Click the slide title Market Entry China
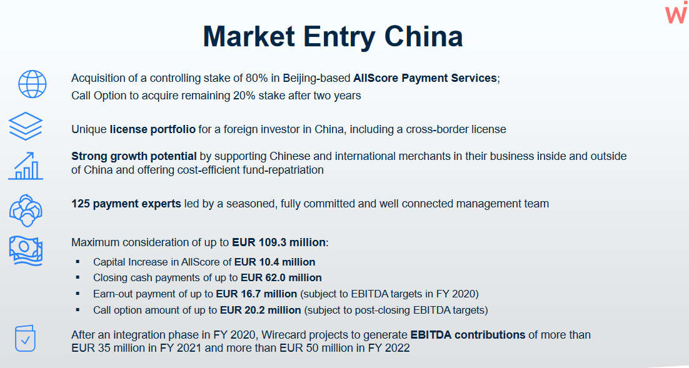pos(333,36)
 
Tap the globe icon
pos(32,84)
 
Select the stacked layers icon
pos(26,126)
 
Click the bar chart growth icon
pos(26,166)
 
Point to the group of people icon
pos(26,211)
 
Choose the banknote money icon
pos(26,251)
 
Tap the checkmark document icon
pos(25,339)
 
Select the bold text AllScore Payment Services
pos(425,78)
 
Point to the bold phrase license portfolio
pos(153,129)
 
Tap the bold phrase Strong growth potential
pos(134,156)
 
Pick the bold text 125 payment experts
pos(126,204)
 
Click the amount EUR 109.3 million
pos(279,242)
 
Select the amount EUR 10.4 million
pos(274,262)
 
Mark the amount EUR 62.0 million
pos(281,278)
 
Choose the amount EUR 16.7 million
pos(256,294)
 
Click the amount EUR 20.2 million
pos(261,311)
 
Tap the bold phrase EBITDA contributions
pos(468,335)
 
